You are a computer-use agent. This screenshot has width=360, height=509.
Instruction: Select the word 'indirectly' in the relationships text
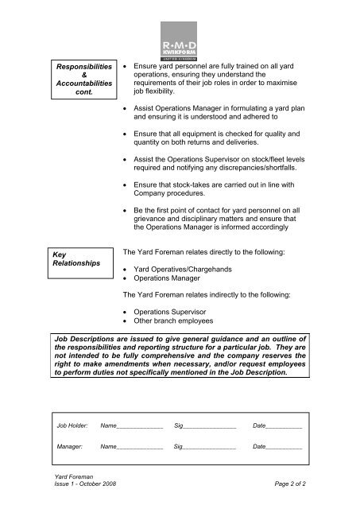223,295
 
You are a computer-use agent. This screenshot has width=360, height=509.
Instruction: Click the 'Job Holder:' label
72,427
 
